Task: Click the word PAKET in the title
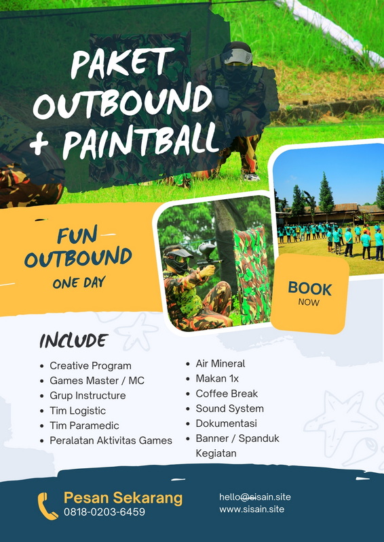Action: [x=123, y=63]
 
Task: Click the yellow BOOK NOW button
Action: [x=309, y=294]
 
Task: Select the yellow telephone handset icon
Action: [x=47, y=506]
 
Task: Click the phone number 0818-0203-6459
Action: [x=104, y=512]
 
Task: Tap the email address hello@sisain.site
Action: [x=255, y=497]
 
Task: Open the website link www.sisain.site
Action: [x=252, y=509]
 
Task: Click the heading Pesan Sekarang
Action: [x=123, y=498]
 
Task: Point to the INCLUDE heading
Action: [x=74, y=341]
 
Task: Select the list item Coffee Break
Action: [x=227, y=394]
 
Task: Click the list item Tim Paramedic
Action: [x=84, y=425]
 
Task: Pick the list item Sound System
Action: [x=229, y=409]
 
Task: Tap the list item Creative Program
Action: [x=90, y=366]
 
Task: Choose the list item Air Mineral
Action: [x=220, y=364]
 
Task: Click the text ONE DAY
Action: [x=79, y=283]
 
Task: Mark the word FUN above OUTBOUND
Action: [x=77, y=236]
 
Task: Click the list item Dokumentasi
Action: [x=226, y=423]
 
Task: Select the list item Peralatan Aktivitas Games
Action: [x=111, y=440]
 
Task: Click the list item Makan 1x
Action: [x=217, y=379]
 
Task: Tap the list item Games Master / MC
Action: [x=97, y=381]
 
